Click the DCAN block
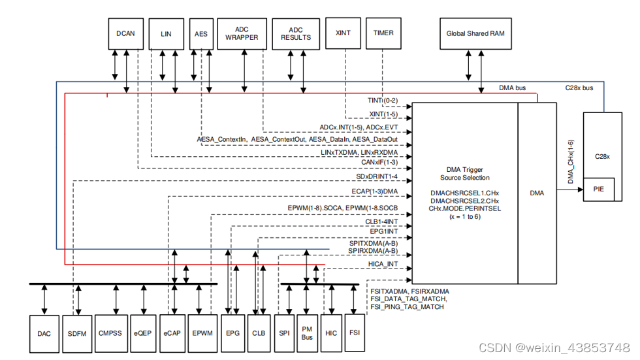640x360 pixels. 125,33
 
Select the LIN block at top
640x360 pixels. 167,33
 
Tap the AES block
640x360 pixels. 201,33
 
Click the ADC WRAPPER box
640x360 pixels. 242,33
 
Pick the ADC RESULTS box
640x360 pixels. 296,33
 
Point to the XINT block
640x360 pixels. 343,33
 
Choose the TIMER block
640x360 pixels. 383,33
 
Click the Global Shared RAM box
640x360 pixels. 475,33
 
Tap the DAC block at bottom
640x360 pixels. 44,333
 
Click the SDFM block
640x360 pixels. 78,333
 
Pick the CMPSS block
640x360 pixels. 110,333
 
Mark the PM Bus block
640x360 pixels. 307,333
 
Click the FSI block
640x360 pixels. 354,333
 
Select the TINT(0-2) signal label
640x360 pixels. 383,101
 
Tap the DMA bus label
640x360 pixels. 512,88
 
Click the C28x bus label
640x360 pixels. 579,88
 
